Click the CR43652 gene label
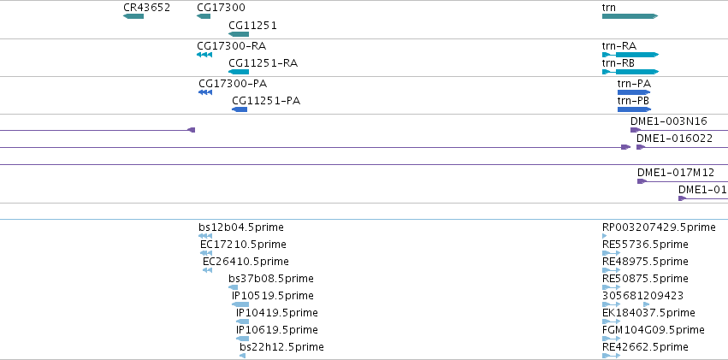[x=147, y=8]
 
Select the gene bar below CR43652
[x=133, y=17]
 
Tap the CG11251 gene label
[x=252, y=26]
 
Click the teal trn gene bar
[x=630, y=16]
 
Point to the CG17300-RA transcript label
[x=232, y=46]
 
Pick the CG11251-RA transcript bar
[x=239, y=72]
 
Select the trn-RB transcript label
[x=618, y=63]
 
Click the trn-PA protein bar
[x=634, y=92]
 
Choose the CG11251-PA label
[x=266, y=101]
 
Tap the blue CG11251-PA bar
[x=240, y=109]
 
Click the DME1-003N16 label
[x=669, y=121]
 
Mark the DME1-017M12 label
[x=676, y=173]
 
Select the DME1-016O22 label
[x=674, y=139]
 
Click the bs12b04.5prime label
[x=241, y=227]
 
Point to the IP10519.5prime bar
[x=240, y=304]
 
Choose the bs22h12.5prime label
[x=281, y=347]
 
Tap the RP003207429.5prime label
[x=659, y=227]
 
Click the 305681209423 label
[x=642, y=296]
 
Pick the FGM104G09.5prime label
[x=654, y=330]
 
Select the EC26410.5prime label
[x=246, y=262]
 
